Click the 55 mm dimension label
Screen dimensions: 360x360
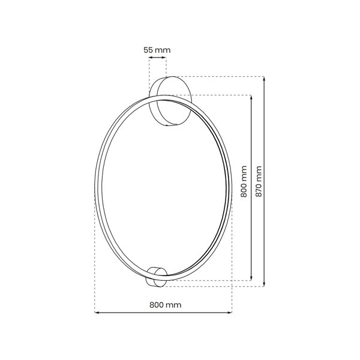(157, 50)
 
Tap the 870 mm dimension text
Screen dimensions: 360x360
(259, 181)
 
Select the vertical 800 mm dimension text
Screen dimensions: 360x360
(244, 181)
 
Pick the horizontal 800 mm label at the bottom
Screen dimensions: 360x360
(166, 305)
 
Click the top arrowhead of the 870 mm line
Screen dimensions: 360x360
(264, 78)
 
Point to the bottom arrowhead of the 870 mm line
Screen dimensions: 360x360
(264, 284)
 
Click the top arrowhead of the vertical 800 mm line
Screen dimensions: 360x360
(251, 97)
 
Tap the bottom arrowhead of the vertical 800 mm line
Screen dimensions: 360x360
(251, 279)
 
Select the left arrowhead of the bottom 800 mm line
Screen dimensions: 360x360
(97, 313)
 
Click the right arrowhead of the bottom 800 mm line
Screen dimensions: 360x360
(230, 313)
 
